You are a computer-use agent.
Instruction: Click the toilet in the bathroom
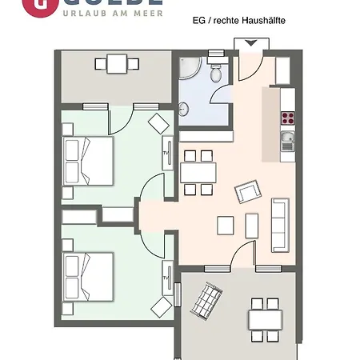click(216, 74)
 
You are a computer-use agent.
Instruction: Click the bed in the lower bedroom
click(88, 272)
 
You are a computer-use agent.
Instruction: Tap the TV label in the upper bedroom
click(166, 154)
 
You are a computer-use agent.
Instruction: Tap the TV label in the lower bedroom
click(166, 278)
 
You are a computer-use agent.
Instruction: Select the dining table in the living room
click(198, 172)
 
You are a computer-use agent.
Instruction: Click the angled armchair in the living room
click(247, 192)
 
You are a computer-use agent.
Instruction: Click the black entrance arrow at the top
click(251, 43)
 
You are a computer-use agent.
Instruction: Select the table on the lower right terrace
click(263, 318)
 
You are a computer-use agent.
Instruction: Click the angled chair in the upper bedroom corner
click(159, 122)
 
